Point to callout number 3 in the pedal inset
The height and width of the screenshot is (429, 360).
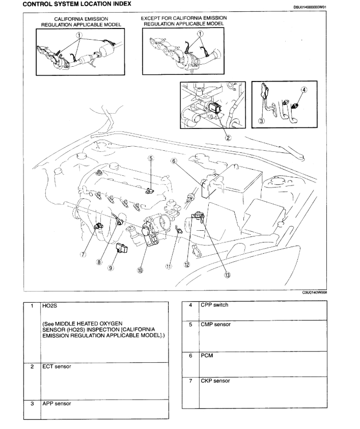tap(261, 121)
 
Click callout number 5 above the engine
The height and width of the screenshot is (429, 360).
tap(151, 158)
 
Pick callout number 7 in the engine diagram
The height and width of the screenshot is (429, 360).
tap(81, 255)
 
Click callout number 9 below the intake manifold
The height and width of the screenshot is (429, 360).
tap(110, 269)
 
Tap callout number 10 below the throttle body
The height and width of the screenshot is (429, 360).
tap(140, 271)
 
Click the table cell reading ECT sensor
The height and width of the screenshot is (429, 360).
tap(57, 367)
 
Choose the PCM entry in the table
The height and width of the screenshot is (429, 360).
tap(207, 355)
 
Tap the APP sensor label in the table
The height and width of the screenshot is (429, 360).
tap(58, 404)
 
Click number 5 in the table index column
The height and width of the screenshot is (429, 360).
tap(190, 325)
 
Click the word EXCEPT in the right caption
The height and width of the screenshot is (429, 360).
tap(152, 18)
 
